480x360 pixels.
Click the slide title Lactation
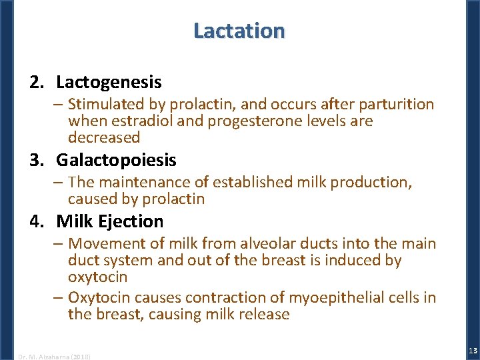click(x=239, y=31)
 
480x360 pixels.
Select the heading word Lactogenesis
click(x=109, y=83)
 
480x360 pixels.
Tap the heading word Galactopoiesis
click(x=116, y=161)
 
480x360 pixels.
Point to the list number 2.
click(x=36, y=83)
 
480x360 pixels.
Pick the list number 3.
click(x=36, y=161)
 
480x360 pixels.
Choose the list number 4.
click(x=36, y=221)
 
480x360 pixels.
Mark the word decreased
click(x=104, y=138)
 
